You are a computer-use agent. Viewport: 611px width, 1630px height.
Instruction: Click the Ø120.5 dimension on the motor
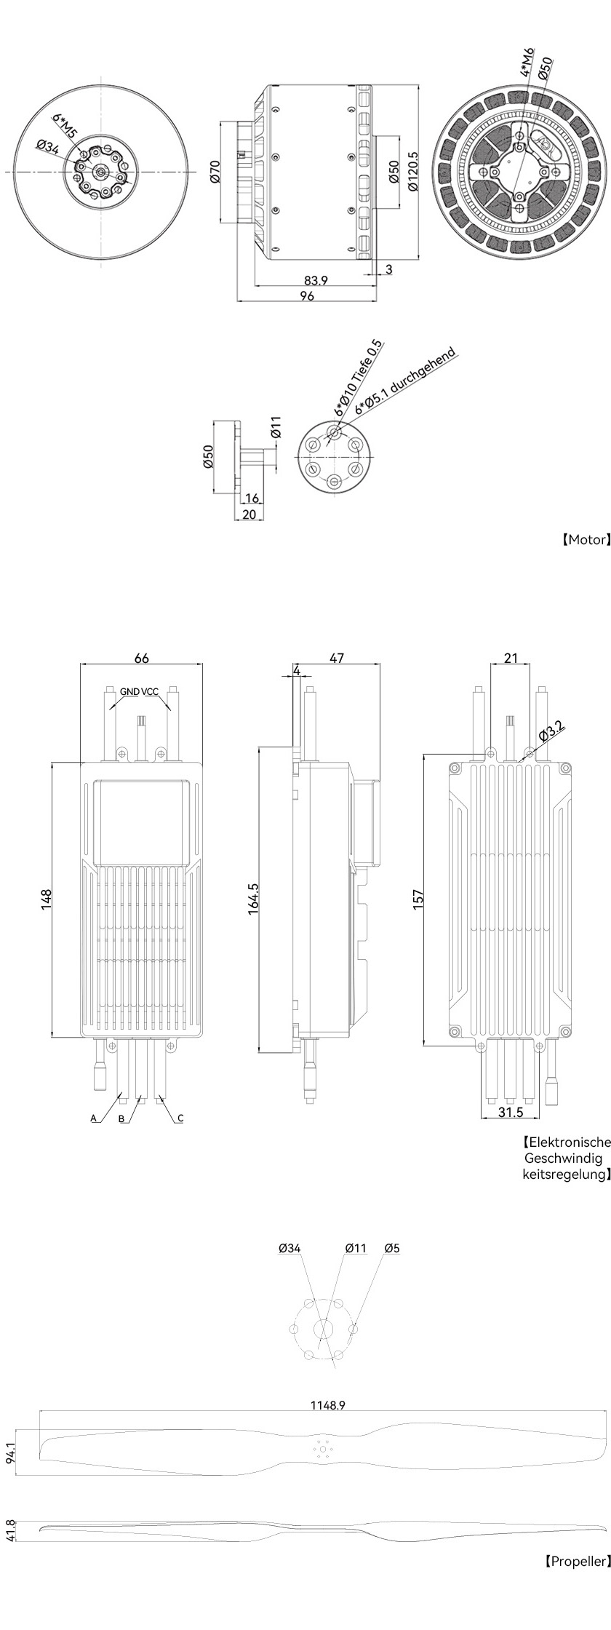click(x=413, y=171)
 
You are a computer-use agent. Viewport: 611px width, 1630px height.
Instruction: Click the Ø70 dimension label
click(x=215, y=170)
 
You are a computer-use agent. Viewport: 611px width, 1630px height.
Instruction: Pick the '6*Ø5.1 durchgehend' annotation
click(x=405, y=381)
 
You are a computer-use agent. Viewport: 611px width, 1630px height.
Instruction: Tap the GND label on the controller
click(x=129, y=692)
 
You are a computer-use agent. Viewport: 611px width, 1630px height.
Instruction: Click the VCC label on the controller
click(x=151, y=692)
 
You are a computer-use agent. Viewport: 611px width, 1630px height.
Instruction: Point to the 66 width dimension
click(x=142, y=658)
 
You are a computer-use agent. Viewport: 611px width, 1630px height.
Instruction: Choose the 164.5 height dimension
click(x=255, y=899)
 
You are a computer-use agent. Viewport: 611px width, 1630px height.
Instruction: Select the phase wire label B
click(x=122, y=1118)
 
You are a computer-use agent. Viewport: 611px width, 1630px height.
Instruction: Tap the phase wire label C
click(x=180, y=1118)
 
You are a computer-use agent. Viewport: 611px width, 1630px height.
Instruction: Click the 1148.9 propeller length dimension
click(x=328, y=1405)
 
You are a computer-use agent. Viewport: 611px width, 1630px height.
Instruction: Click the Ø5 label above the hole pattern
click(x=392, y=1248)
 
